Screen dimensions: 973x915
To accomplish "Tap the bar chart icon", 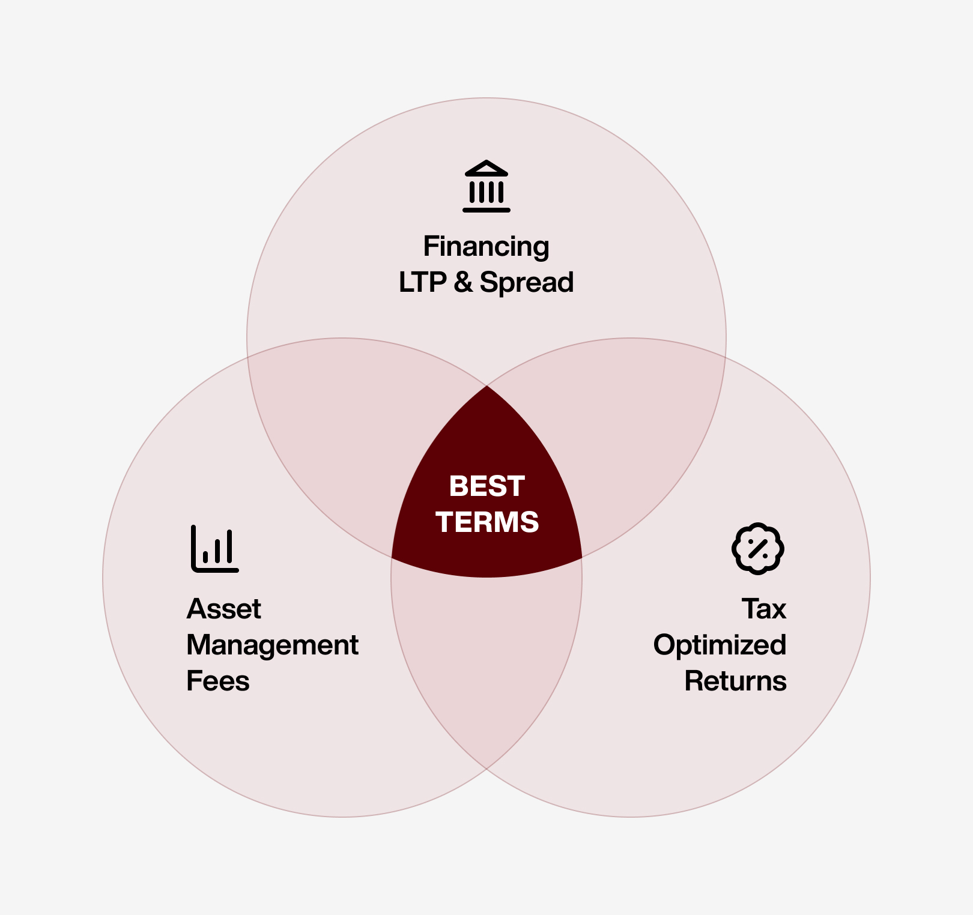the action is [215, 549].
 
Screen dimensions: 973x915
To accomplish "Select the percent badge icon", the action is [758, 548].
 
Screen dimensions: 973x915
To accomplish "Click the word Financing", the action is [486, 247].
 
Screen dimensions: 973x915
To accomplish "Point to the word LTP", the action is [423, 282].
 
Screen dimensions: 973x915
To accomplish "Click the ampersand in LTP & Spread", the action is [463, 282].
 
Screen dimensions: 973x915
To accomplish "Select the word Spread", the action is [527, 283].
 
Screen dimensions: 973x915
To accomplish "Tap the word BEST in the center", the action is [486, 486].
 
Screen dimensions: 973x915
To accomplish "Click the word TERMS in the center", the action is [487, 522].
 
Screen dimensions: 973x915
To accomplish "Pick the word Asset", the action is [223, 609].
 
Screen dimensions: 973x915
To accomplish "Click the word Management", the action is [272, 645].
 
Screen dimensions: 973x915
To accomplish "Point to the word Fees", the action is [217, 681].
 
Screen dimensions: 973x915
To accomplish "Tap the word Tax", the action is [763, 609].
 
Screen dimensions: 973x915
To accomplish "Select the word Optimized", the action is [720, 645].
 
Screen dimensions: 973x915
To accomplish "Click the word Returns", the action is [735, 681].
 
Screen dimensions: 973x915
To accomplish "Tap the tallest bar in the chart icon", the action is [229, 546].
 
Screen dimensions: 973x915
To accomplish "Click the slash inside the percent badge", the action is [758, 548].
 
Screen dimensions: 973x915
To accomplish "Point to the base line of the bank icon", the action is [486, 210].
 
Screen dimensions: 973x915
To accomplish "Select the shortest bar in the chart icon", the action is [205, 557].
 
